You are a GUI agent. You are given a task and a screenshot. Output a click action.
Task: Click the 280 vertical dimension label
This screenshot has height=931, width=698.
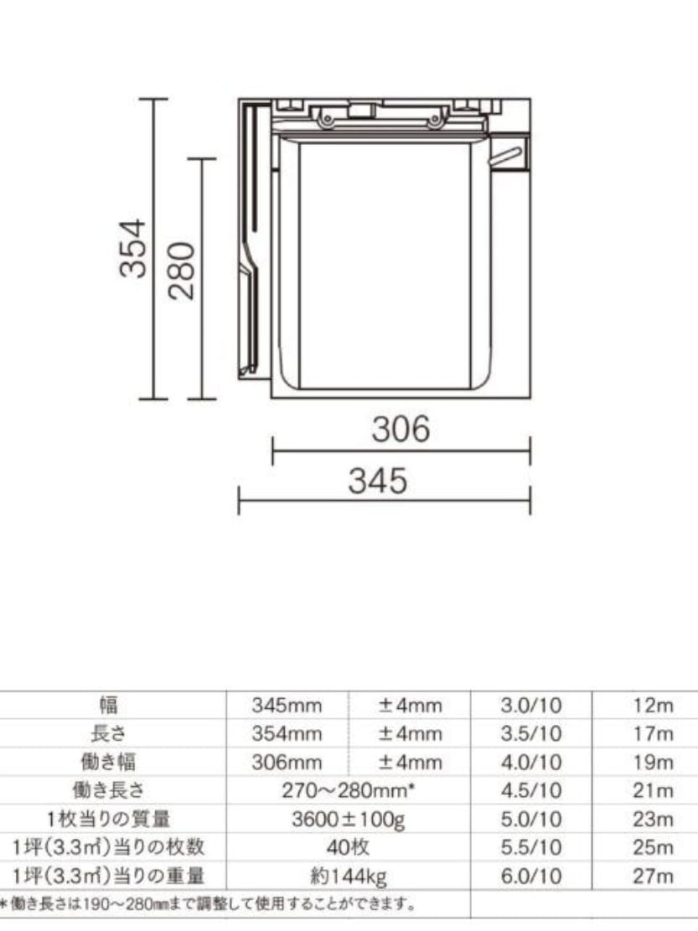(182, 271)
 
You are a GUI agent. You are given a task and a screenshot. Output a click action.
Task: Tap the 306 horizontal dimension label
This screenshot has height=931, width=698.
(401, 429)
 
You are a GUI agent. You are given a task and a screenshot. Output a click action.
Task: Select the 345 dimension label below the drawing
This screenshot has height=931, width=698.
(377, 480)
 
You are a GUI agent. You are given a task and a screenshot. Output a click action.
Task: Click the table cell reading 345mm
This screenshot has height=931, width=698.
(287, 706)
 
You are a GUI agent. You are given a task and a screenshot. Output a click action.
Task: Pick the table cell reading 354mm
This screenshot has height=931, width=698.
(287, 733)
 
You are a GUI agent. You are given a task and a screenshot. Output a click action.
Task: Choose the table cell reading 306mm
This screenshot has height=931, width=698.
(287, 762)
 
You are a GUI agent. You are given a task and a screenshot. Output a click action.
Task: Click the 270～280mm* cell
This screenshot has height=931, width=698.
(348, 790)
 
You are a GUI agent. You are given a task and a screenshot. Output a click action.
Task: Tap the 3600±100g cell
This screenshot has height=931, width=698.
(348, 820)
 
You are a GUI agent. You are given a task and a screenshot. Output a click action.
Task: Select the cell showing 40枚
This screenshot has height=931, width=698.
(348, 847)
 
